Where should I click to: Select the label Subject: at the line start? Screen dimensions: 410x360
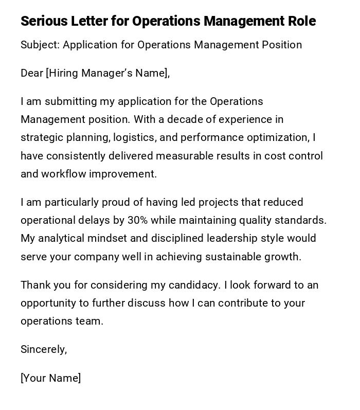coord(40,45)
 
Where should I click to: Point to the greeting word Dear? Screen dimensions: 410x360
coord(32,73)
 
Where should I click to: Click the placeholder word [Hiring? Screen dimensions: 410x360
coord(63,73)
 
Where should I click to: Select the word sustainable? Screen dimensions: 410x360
coord(231,257)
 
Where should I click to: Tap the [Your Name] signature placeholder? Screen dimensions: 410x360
coord(50,378)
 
